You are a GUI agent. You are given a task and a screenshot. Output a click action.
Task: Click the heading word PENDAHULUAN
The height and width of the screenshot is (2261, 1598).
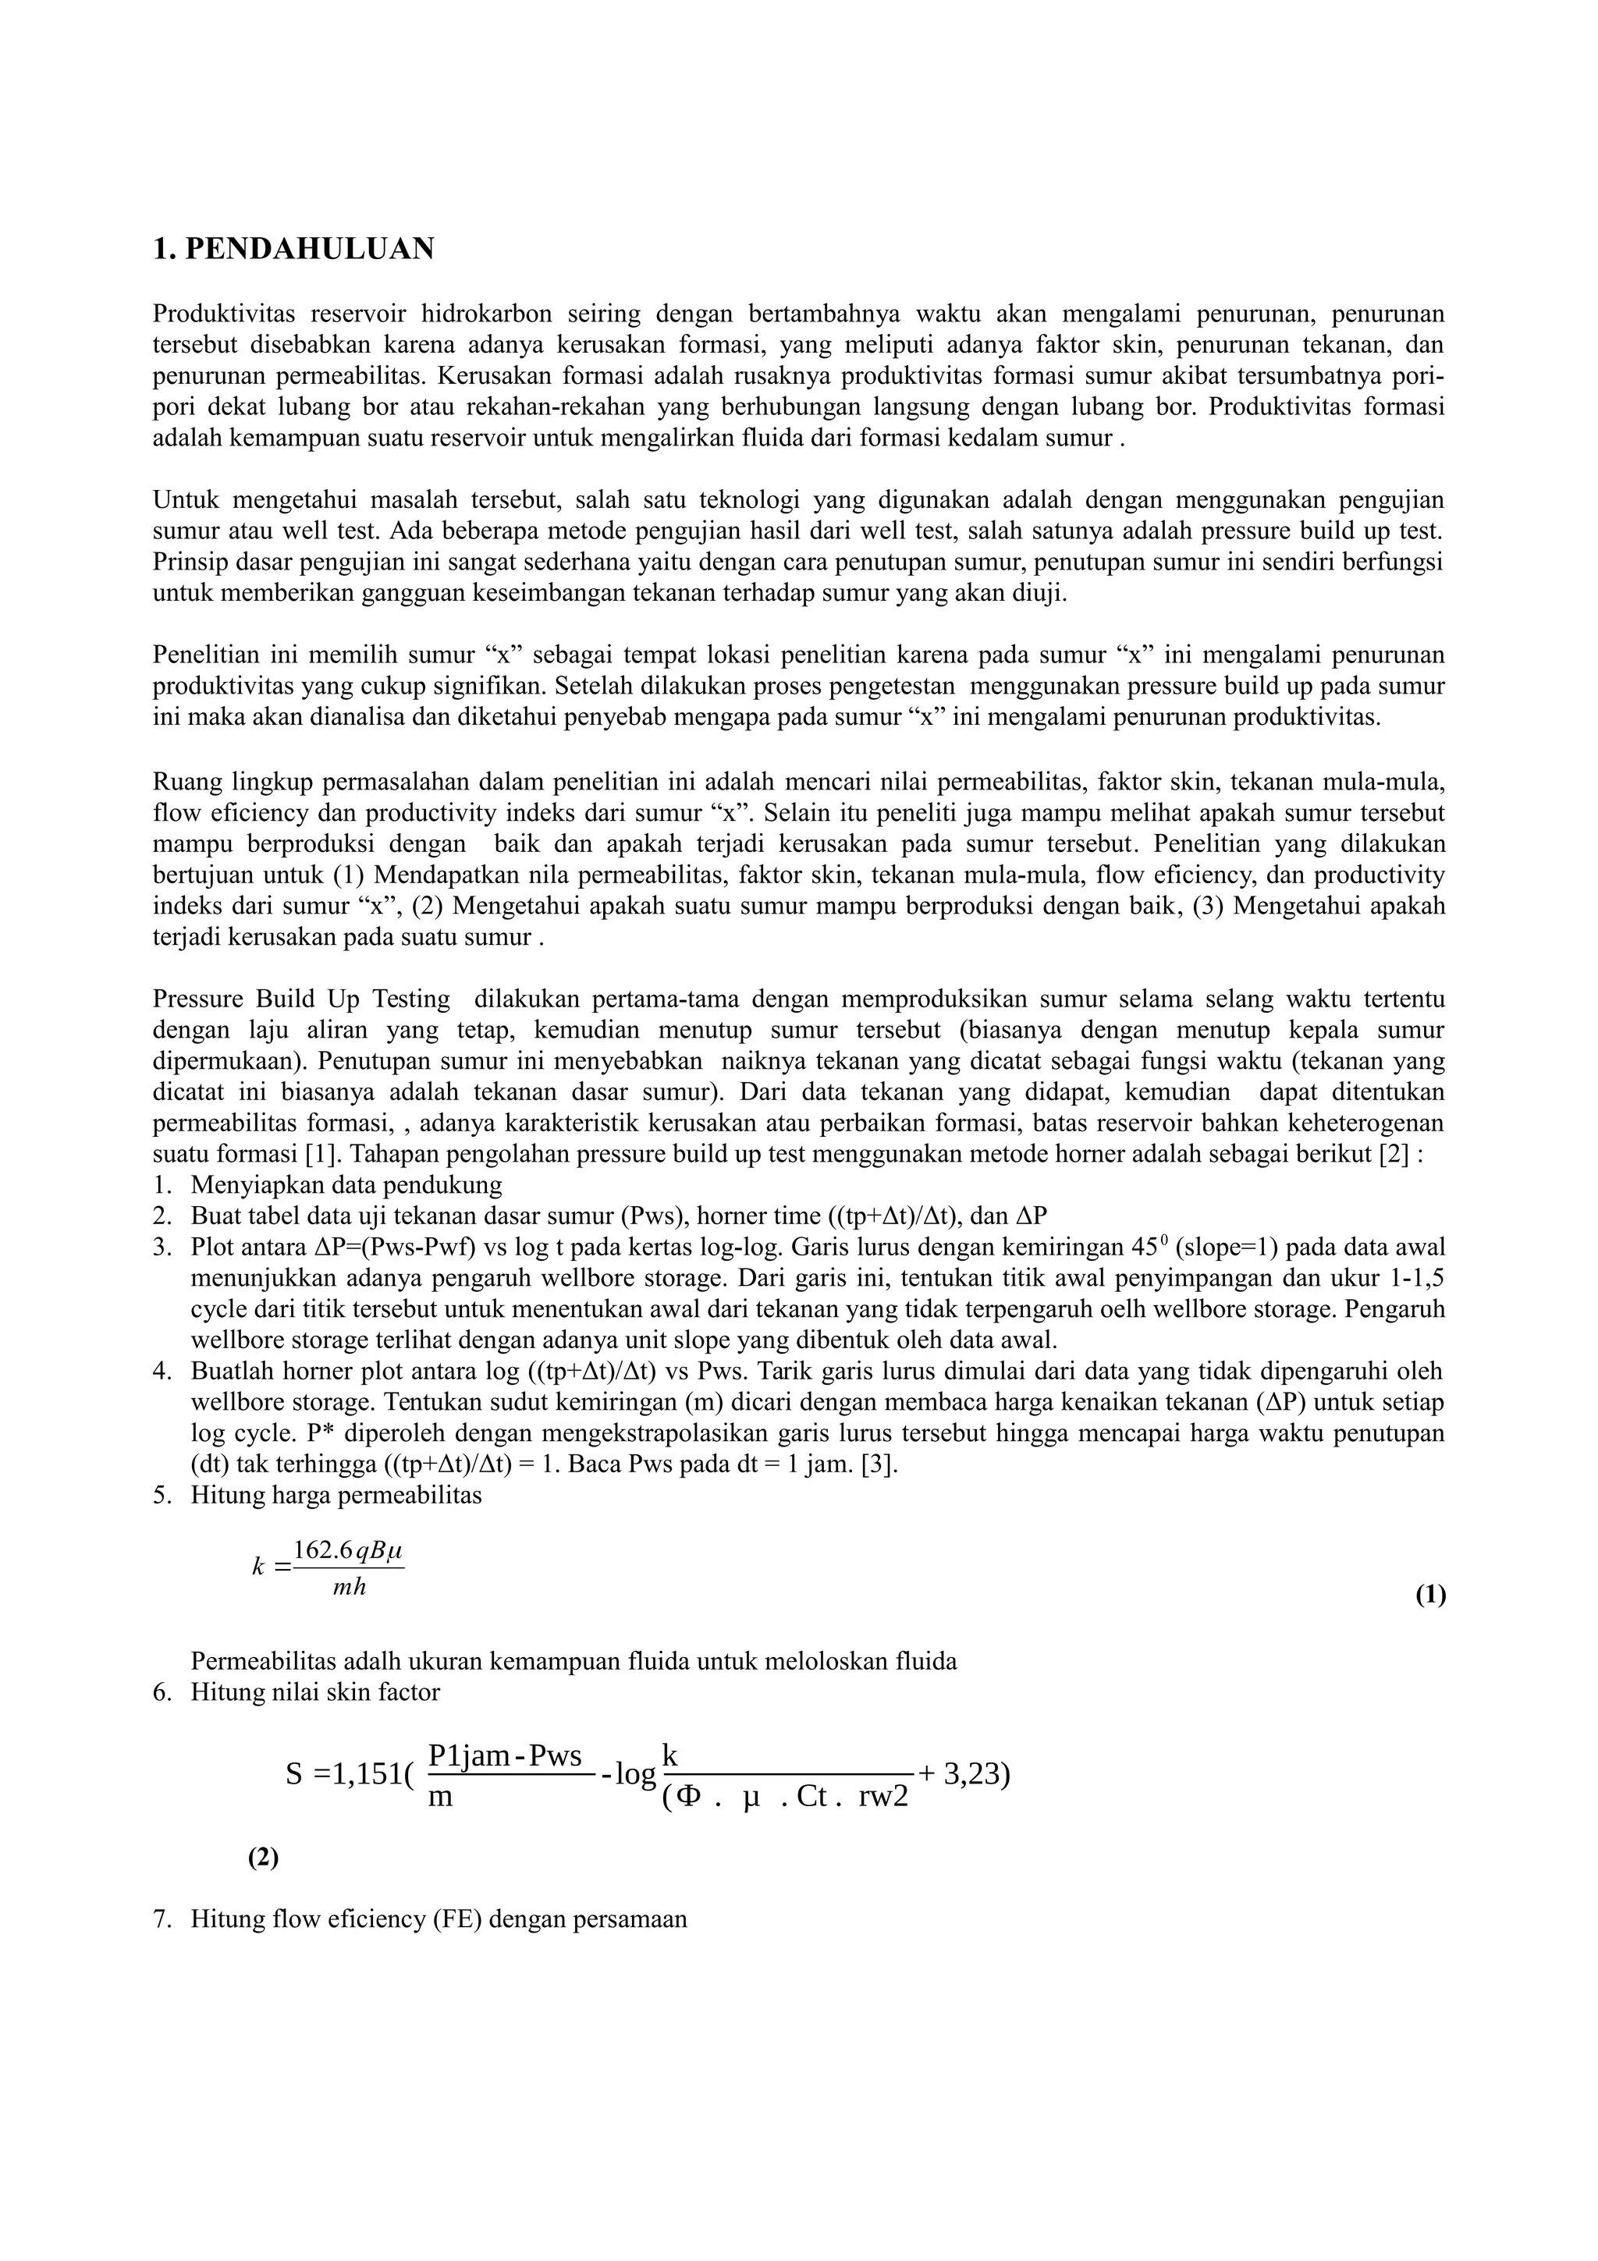point(309,249)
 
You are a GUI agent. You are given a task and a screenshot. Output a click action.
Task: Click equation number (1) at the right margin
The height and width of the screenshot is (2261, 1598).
point(1430,1595)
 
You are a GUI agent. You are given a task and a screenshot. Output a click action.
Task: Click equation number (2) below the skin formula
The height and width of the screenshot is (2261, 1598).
point(263,1857)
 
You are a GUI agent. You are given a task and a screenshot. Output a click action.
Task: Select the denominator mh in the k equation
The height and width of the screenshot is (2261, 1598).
point(350,1588)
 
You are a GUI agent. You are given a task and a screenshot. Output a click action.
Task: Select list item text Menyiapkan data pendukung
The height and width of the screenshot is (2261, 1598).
point(346,1184)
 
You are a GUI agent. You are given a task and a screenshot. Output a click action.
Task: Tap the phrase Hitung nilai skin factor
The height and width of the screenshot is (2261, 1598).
point(315,1691)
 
